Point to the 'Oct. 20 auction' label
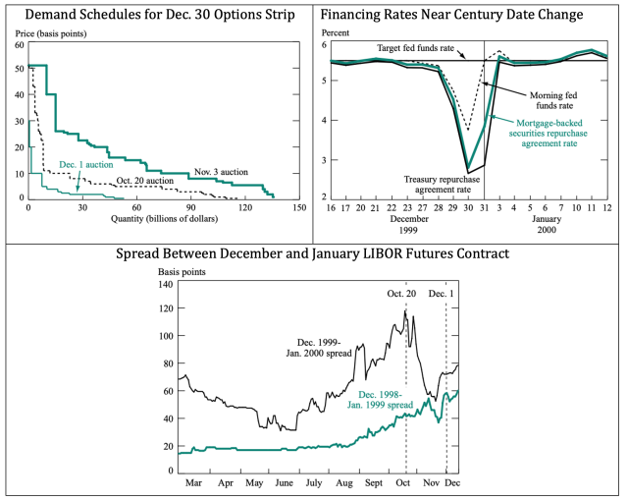click(x=145, y=181)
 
